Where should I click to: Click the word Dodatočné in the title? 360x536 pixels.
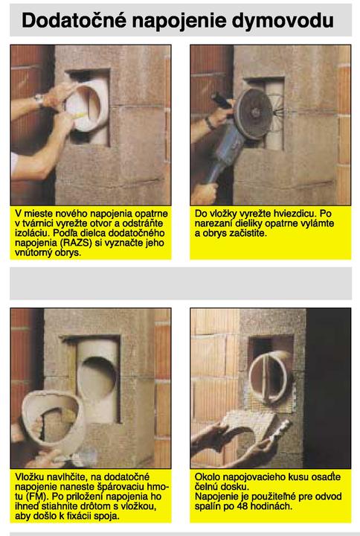pyautogui.click(x=74, y=20)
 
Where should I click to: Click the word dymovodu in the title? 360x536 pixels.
pyautogui.click(x=283, y=21)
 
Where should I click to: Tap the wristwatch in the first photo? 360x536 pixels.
pyautogui.click(x=39, y=100)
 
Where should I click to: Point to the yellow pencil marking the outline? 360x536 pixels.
pyautogui.click(x=79, y=115)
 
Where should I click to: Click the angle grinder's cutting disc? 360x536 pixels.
pyautogui.click(x=253, y=114)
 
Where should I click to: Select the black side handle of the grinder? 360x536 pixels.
pyautogui.click(x=222, y=100)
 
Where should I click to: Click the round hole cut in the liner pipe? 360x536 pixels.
pyautogui.click(x=98, y=380)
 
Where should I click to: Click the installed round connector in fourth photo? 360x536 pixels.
pyautogui.click(x=270, y=377)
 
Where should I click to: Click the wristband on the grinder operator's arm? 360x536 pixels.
pyautogui.click(x=209, y=124)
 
